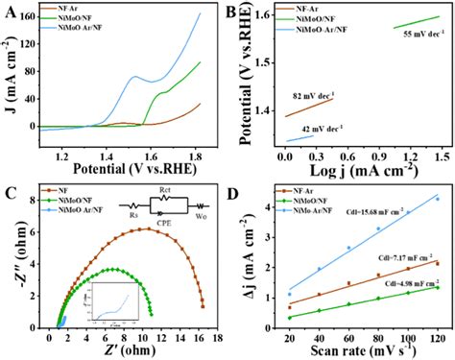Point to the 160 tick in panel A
point(27,17)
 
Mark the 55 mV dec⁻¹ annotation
point(420,32)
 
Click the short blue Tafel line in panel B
point(299,139)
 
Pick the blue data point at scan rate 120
point(437,199)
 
